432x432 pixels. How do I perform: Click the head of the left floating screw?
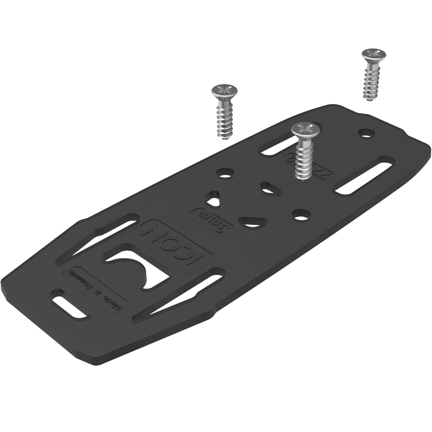pos(222,90)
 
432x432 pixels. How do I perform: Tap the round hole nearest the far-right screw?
pos(367,133)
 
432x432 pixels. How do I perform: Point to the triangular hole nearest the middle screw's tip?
pos(270,188)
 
